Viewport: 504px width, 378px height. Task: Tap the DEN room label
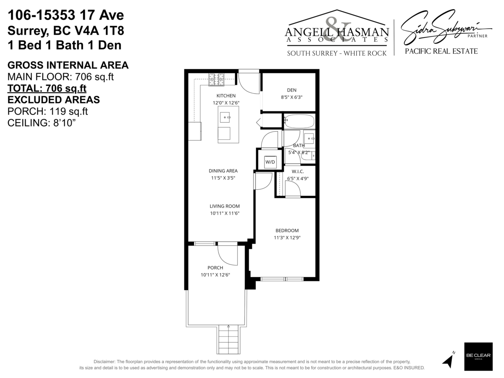click(291, 90)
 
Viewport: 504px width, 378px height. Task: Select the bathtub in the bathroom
click(299, 121)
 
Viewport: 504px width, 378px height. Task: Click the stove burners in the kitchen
click(216, 77)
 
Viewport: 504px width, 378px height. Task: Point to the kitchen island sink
click(225, 115)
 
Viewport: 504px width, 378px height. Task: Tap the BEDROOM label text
click(287, 231)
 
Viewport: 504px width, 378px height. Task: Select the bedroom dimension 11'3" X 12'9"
click(287, 237)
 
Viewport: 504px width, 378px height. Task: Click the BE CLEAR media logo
click(478, 357)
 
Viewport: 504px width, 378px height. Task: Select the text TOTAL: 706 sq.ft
click(47, 88)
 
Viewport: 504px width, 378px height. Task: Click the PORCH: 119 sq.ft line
click(48, 111)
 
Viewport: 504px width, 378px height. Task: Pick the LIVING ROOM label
click(225, 206)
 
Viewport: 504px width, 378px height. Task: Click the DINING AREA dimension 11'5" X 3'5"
click(223, 178)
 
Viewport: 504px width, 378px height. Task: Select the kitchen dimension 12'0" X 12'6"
click(226, 102)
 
